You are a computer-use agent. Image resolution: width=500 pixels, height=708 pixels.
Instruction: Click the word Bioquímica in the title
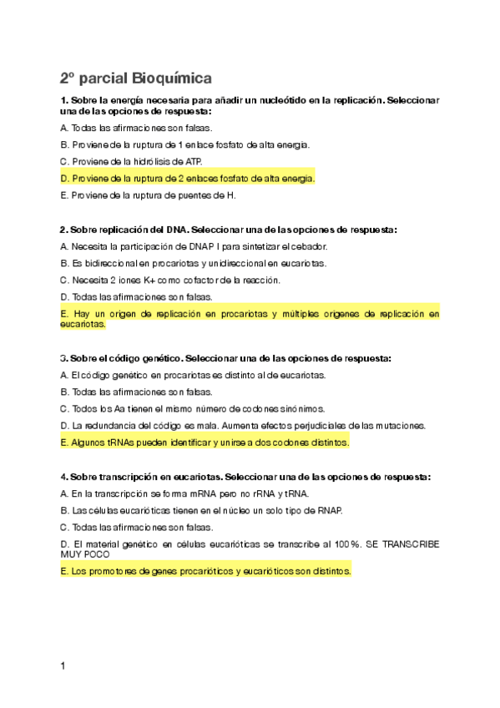(171, 78)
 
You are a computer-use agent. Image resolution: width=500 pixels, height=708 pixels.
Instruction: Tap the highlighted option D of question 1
(188, 178)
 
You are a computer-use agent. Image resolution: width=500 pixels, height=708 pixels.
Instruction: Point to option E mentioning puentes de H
(149, 195)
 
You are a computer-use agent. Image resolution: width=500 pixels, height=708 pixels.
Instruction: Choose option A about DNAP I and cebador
(194, 246)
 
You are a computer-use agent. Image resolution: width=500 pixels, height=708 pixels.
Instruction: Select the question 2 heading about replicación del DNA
(228, 229)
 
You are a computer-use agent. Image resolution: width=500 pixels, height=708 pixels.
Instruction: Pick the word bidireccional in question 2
(117, 263)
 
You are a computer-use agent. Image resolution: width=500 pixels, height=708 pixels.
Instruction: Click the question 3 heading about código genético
(225, 358)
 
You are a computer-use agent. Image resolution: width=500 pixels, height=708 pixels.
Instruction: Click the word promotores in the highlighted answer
(120, 572)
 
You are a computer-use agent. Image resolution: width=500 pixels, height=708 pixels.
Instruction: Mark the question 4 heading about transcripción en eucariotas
(245, 477)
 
